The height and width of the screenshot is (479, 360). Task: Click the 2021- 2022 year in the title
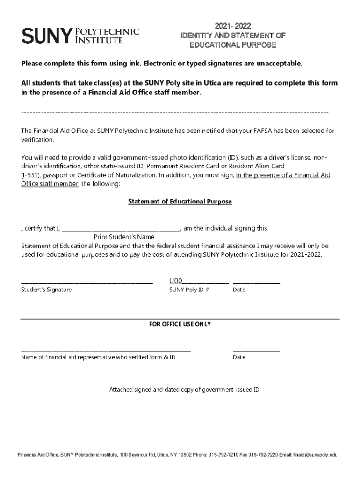click(x=232, y=26)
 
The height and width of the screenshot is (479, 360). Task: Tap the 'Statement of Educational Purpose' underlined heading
click(x=180, y=202)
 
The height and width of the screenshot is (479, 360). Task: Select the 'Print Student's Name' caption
click(x=124, y=237)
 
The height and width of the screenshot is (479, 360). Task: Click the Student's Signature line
click(x=87, y=283)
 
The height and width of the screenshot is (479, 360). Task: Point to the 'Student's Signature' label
click(x=46, y=290)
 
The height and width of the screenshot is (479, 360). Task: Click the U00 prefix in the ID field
click(x=175, y=281)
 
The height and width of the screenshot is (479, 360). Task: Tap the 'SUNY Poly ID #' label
click(x=189, y=290)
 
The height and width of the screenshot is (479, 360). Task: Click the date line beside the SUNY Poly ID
click(x=256, y=283)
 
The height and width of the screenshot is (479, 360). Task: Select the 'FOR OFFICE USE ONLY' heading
click(x=180, y=324)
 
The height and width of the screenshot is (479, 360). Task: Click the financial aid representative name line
click(x=106, y=350)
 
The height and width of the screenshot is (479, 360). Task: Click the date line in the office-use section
click(x=256, y=350)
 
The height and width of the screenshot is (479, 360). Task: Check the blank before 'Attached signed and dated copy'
click(x=104, y=390)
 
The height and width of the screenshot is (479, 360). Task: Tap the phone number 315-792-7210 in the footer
click(x=223, y=455)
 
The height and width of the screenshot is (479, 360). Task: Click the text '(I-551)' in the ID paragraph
click(x=31, y=175)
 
